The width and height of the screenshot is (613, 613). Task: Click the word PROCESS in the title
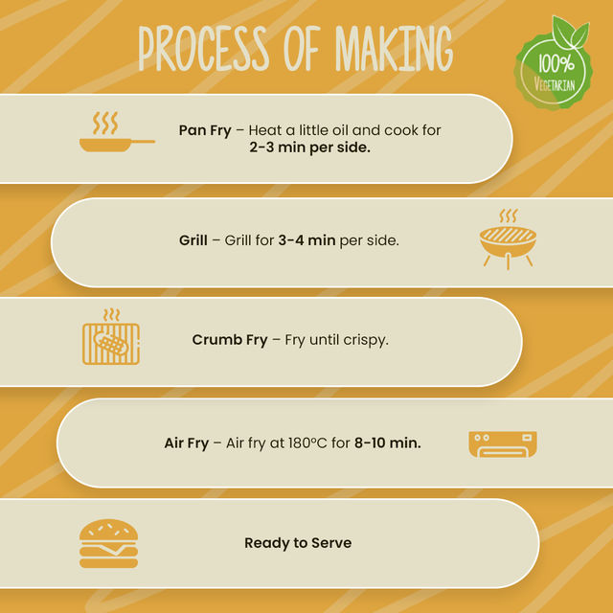tap(204, 49)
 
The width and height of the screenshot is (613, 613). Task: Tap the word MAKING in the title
tap(394, 49)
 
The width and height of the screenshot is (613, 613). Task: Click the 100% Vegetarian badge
tap(554, 64)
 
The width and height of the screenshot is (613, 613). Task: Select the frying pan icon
tap(117, 132)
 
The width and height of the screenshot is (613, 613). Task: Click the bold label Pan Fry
tap(205, 130)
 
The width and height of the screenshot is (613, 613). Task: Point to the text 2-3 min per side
tap(309, 148)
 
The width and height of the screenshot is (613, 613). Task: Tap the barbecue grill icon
tap(508, 238)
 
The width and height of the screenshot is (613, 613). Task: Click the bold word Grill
tap(193, 240)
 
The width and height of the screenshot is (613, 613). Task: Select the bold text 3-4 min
tap(306, 240)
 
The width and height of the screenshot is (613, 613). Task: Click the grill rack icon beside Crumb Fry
tap(111, 336)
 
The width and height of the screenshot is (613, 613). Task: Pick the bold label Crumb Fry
tap(230, 340)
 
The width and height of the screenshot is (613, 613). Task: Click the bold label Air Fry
tap(187, 443)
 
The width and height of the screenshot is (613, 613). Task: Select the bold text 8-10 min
tap(388, 443)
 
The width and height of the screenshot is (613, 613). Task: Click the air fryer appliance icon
tap(503, 444)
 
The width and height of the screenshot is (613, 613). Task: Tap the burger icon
tap(108, 543)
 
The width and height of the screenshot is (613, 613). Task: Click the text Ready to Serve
tap(298, 543)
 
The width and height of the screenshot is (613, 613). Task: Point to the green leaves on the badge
tap(571, 32)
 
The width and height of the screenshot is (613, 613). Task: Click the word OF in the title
tap(303, 49)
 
